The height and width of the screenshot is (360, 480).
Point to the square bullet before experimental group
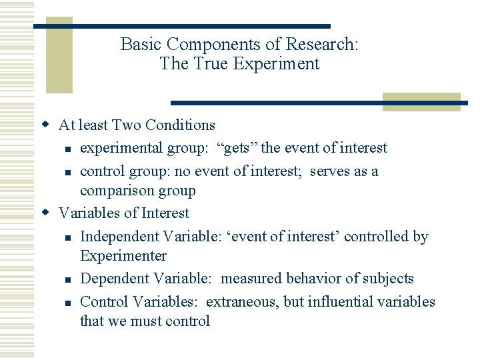(68, 149)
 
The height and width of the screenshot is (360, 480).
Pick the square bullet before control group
(68, 172)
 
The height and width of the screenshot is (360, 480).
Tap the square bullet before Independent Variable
(68, 237)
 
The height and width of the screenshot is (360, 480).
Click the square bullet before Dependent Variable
(68, 279)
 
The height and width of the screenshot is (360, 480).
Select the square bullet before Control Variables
(68, 303)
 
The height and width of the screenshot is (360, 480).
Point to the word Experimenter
(123, 256)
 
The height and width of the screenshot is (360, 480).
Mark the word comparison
(115, 191)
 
